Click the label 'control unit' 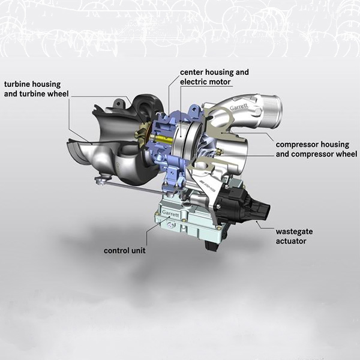124,250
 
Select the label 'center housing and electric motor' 214,77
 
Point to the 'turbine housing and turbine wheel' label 37,89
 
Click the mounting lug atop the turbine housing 118,103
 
